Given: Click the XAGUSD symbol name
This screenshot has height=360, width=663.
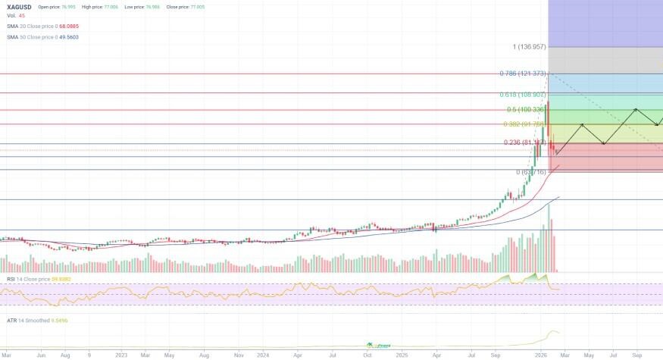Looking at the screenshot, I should pos(18,7).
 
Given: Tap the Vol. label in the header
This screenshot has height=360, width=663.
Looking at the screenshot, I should pos(12,16).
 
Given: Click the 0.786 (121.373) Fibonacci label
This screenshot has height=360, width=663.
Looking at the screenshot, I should pos(523,74).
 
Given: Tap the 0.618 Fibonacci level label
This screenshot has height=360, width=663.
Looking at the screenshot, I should pos(523,95).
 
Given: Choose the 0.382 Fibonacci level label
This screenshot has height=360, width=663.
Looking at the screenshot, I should pos(524,124).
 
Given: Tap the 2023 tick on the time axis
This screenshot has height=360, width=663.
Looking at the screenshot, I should pos(121,354).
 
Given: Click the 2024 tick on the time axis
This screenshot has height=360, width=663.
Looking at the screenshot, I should pos(264,354).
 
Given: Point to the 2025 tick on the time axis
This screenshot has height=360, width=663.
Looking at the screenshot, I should pos(402,354).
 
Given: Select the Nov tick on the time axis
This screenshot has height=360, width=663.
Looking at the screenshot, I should pos(239,354).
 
